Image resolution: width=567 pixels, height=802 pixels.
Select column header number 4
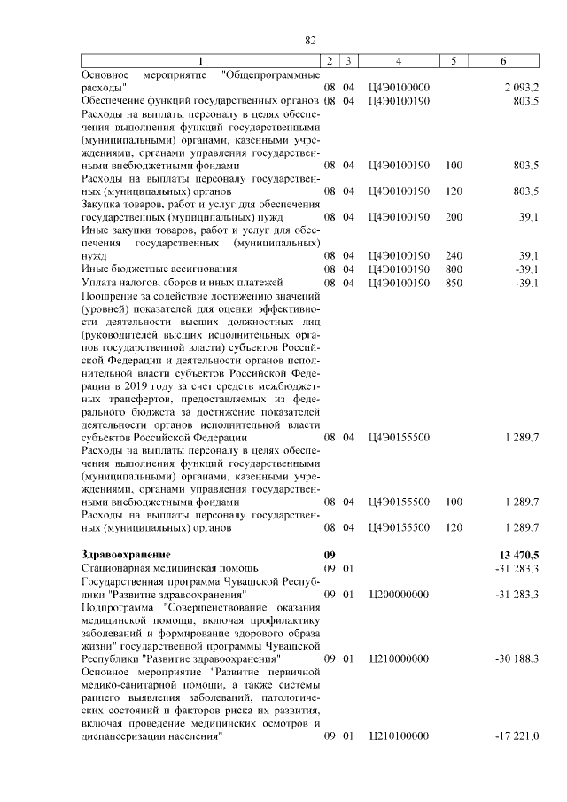point(399,60)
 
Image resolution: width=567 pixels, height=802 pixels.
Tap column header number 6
point(503,60)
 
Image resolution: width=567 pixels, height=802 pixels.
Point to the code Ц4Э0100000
point(399,87)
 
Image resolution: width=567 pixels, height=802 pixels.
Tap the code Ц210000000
point(399,659)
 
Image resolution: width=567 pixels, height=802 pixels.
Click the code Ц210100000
point(399,736)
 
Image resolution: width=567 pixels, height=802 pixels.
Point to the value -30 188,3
point(519,659)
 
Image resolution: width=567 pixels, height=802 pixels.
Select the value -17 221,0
point(519,736)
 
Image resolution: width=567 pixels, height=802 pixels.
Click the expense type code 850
point(454,283)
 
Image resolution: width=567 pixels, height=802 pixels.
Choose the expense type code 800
point(454,269)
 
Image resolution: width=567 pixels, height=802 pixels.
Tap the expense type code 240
point(454,256)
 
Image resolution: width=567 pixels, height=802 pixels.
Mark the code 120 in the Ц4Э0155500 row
point(454,527)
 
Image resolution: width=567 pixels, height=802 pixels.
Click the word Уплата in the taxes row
point(98,283)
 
